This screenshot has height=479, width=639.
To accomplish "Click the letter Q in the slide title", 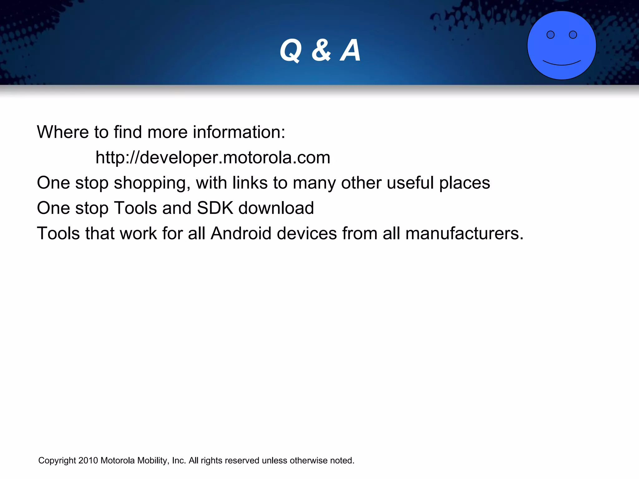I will point(290,51).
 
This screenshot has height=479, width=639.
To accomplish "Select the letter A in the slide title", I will point(351,51).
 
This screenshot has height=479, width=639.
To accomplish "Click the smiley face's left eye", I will point(550,35).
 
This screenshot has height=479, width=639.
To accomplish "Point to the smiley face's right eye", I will point(573,35).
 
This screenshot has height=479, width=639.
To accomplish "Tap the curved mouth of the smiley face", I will point(562,63).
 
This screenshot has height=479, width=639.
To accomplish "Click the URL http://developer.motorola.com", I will point(213,157).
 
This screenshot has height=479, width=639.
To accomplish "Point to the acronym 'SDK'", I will point(215,208).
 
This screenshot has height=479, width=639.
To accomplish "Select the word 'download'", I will point(276,208).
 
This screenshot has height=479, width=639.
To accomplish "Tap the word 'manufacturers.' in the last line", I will point(464,233).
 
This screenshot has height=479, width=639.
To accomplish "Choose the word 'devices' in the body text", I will point(307,233).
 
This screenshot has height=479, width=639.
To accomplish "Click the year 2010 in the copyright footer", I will point(88,461).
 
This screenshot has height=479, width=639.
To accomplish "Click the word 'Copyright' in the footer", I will point(57,461).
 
